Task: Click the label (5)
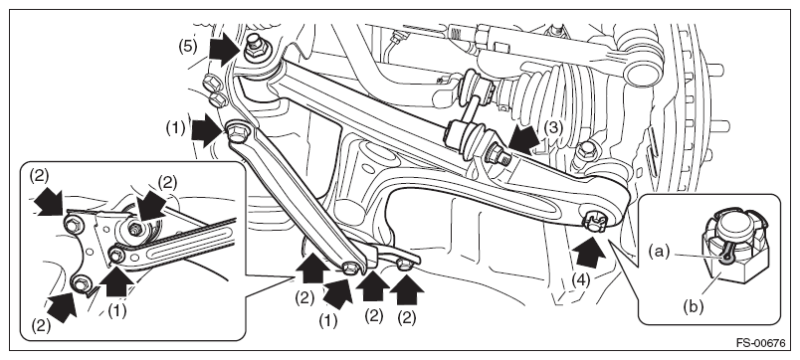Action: [x=187, y=47]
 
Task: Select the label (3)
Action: [x=552, y=127]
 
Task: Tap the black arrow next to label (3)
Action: [x=524, y=138]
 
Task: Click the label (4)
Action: [x=580, y=279]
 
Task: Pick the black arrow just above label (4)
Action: [x=589, y=252]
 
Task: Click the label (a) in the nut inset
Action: [x=658, y=252]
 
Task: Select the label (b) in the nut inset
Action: [x=693, y=306]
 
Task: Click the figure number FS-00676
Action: [x=760, y=343]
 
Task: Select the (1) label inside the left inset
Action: [x=116, y=310]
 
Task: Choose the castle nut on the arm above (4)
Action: [x=595, y=221]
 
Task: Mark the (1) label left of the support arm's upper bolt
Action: [x=175, y=129]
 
